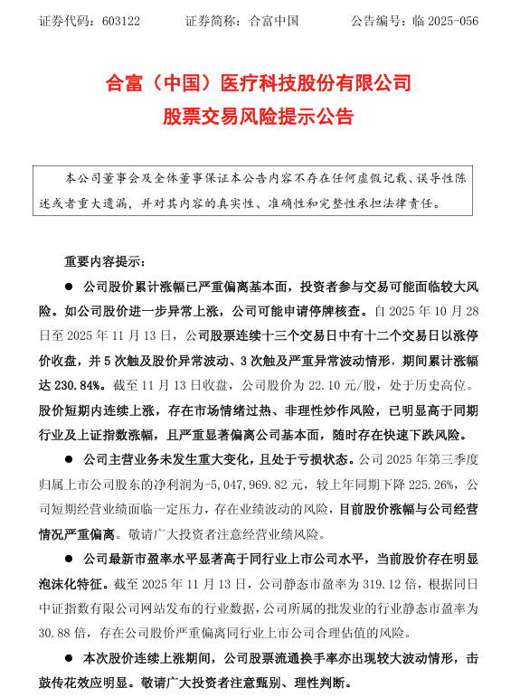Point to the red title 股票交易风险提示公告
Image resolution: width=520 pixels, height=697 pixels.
259,117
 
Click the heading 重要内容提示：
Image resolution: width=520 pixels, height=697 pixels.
104,262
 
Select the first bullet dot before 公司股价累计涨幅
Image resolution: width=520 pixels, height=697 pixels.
69,285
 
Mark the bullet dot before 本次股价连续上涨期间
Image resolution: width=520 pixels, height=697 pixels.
69,655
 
